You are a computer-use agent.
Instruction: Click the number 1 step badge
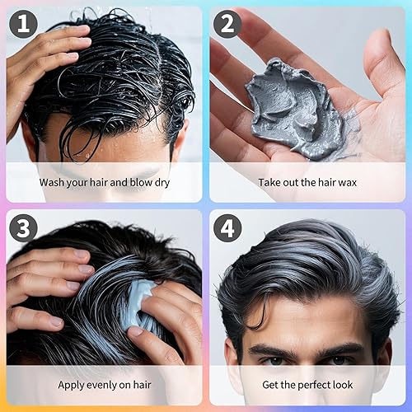click(x=24, y=25)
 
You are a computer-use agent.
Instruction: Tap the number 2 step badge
click(x=227, y=25)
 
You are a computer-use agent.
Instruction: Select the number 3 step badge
click(x=24, y=228)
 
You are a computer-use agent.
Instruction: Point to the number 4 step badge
click(x=227, y=228)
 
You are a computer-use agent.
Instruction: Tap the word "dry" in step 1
click(x=159, y=182)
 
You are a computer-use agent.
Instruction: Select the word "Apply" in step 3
click(x=72, y=384)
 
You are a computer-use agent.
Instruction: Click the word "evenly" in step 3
click(x=105, y=384)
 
